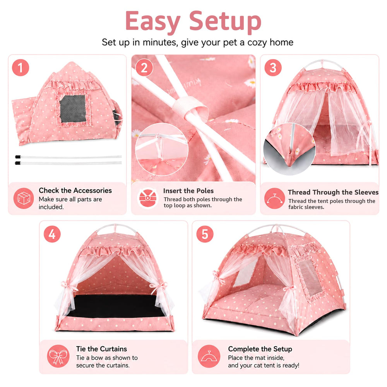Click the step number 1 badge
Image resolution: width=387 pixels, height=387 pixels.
click(x=21, y=68)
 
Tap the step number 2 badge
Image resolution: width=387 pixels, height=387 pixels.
click(x=144, y=68)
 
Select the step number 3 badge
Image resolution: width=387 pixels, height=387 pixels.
click(x=273, y=68)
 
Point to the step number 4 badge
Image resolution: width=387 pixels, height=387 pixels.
click(x=52, y=234)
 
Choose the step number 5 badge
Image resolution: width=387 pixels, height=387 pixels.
click(x=205, y=234)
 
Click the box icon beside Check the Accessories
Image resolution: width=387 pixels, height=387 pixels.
click(x=24, y=198)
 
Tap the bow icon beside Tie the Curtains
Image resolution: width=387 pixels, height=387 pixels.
click(x=58, y=356)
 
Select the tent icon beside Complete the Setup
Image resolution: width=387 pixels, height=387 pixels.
click(x=209, y=356)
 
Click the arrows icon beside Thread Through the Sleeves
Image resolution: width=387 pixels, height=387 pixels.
click(x=274, y=198)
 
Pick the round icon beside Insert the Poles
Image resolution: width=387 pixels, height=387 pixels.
click(x=147, y=198)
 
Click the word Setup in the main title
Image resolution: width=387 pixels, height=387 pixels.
click(x=225, y=21)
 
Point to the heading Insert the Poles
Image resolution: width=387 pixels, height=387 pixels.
click(x=188, y=191)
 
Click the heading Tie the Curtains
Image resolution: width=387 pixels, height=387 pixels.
click(x=101, y=349)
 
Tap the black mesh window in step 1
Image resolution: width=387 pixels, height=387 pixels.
click(x=73, y=109)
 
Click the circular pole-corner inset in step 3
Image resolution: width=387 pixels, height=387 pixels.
click(x=289, y=149)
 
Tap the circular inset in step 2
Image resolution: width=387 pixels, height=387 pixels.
click(x=162, y=149)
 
